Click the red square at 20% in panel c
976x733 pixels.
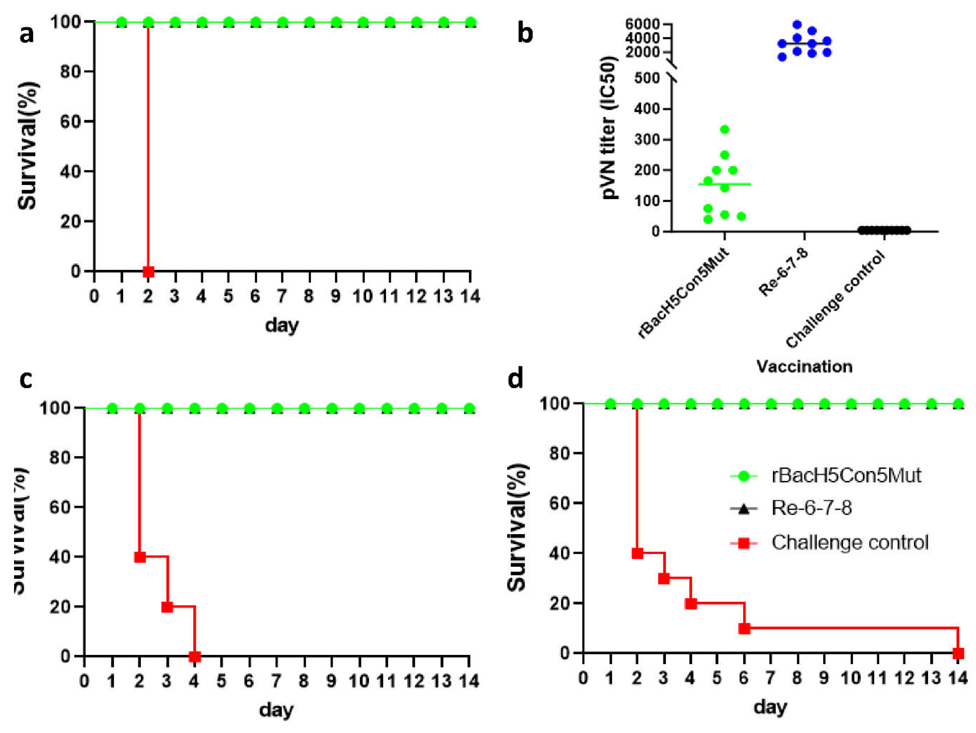(167, 607)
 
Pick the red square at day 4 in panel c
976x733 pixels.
(195, 657)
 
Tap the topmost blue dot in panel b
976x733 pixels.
(797, 24)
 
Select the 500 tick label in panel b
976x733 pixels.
(647, 78)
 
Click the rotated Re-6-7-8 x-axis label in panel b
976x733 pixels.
(784, 272)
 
